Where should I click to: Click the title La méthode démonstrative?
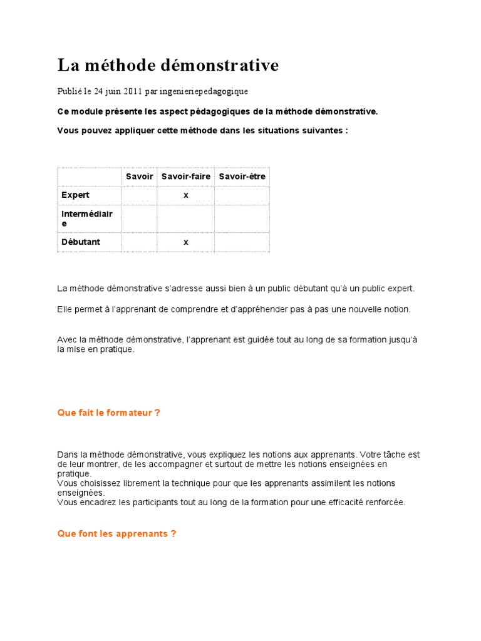coord(168,65)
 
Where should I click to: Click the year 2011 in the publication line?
coord(132,91)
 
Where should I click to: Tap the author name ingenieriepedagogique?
coord(204,91)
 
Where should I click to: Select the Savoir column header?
coord(139,177)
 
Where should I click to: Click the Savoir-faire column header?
coord(185,177)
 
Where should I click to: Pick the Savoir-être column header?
coord(242,177)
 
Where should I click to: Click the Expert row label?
coord(75,195)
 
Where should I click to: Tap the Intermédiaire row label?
coord(86,218)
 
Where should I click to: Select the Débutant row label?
coord(80,242)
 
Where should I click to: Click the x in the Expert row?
coord(185,195)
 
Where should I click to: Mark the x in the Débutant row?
coord(185,242)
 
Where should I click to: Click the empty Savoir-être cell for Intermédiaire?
coord(242,218)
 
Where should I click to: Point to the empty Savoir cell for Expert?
coord(139,195)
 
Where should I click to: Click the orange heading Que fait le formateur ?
coord(108,413)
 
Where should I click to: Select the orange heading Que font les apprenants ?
coord(116,534)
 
